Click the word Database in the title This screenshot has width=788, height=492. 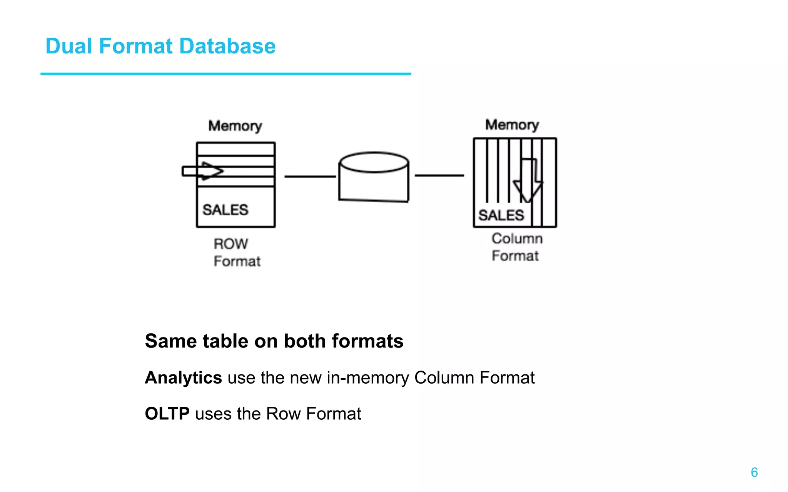pyautogui.click(x=227, y=46)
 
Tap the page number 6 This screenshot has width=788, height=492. pyautogui.click(x=754, y=472)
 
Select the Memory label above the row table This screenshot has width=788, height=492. pyautogui.click(x=235, y=126)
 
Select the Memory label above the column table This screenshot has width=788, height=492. pyautogui.click(x=512, y=125)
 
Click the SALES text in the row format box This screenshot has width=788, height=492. pyautogui.click(x=225, y=210)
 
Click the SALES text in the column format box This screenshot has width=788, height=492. pyautogui.click(x=501, y=215)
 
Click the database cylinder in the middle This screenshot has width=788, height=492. pyautogui.click(x=374, y=179)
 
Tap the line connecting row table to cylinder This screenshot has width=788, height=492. pyautogui.click(x=310, y=176)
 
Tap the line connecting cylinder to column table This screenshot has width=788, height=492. pyautogui.click(x=439, y=175)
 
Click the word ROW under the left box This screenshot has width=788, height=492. pyautogui.click(x=231, y=244)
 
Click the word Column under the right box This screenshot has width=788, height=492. pyautogui.click(x=517, y=239)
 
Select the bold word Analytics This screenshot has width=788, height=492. pyautogui.click(x=183, y=378)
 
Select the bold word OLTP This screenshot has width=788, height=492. pyautogui.click(x=167, y=414)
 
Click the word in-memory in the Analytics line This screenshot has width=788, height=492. pyautogui.click(x=367, y=378)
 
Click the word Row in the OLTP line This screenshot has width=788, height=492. pyautogui.click(x=283, y=414)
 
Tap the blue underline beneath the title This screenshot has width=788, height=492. pyautogui.click(x=226, y=73)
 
